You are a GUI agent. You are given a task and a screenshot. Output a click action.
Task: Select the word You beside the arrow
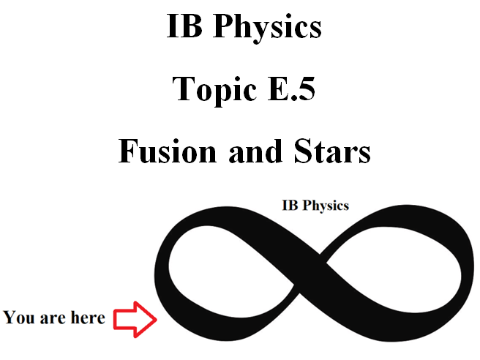20,318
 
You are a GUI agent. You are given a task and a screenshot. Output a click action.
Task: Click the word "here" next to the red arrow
87,318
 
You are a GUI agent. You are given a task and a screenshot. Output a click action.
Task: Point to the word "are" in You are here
53,318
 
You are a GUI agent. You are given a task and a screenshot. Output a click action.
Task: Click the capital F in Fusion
127,151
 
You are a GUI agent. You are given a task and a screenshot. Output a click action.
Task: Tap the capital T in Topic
182,89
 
